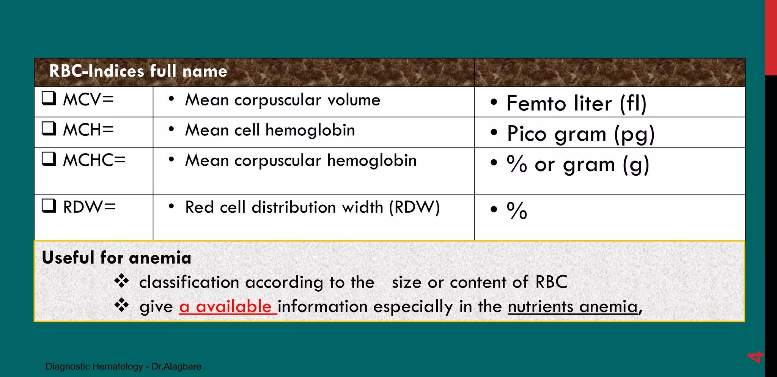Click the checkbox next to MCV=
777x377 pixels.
(x=49, y=98)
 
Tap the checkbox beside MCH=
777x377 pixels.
(x=49, y=129)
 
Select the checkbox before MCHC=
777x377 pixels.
(x=49, y=159)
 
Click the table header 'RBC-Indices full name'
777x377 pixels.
(x=138, y=71)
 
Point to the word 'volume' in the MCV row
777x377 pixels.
(x=354, y=100)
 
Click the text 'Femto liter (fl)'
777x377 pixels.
(x=576, y=103)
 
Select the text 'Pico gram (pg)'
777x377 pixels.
(x=580, y=134)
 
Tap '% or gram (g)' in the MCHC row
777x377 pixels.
(x=578, y=165)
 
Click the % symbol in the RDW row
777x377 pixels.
(x=517, y=210)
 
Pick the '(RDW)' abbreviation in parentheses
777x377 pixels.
(x=414, y=207)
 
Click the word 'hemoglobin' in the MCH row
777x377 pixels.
(x=310, y=130)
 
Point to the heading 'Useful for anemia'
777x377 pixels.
(x=116, y=258)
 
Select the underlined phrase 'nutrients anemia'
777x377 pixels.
(x=573, y=306)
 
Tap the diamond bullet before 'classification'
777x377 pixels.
(x=122, y=281)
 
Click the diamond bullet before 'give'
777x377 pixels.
(x=122, y=305)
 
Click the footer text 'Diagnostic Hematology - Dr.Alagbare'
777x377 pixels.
(x=123, y=366)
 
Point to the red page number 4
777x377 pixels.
(x=755, y=357)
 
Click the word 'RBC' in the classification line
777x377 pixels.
(x=551, y=282)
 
